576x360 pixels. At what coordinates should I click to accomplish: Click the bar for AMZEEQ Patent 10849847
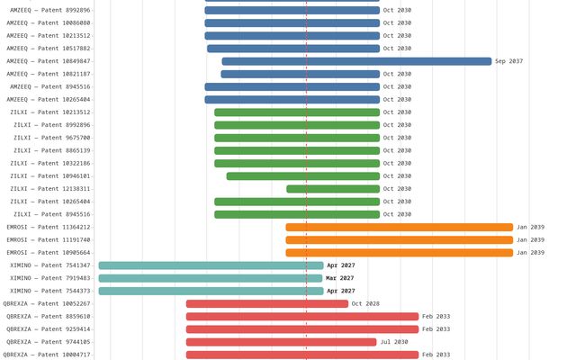pos(356,61)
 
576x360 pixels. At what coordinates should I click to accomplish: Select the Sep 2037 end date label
pos(508,61)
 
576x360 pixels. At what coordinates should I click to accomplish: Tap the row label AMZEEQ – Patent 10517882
pos(49,49)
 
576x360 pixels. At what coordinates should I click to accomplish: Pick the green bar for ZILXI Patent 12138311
pos(333,189)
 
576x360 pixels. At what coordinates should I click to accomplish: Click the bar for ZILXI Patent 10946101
pos(302,176)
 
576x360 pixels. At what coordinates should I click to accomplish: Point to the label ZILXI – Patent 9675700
pos(51,138)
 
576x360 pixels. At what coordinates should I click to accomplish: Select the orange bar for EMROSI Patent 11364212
pos(399,228)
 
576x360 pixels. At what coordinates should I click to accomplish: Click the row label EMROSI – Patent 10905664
pos(49,253)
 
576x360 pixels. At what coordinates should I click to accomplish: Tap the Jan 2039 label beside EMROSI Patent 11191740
pos(530,240)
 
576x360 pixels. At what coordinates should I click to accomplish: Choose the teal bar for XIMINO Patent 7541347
pos(211,265)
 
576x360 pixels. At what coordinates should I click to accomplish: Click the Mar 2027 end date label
pos(340,278)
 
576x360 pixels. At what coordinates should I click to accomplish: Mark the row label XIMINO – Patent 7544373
pos(50,291)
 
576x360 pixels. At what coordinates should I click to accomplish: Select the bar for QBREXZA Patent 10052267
pos(267,304)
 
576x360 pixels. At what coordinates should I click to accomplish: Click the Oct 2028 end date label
pos(365,304)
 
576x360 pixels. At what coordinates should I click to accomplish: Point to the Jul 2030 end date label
pos(394,342)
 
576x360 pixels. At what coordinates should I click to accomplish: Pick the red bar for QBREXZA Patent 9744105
pos(281,342)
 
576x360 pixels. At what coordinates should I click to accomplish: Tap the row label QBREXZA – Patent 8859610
pos(49,317)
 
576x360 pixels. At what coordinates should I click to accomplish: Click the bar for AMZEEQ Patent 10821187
pos(301,74)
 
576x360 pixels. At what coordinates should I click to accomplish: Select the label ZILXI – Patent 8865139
pos(51,150)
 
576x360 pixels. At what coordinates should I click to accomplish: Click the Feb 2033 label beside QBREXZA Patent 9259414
pos(436,329)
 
